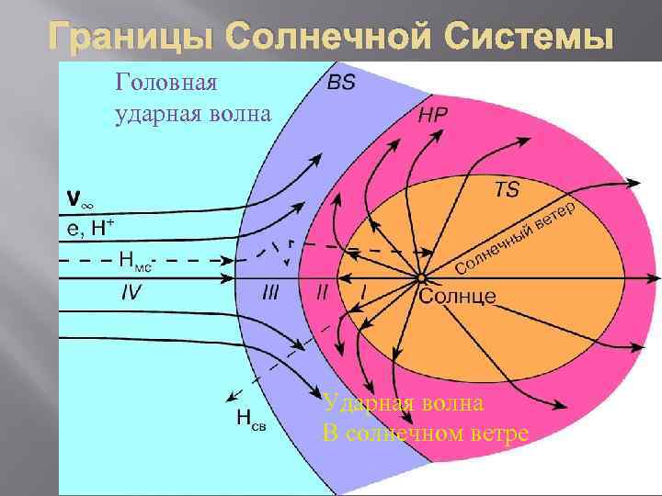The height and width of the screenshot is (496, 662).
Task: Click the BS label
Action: [x=341, y=83]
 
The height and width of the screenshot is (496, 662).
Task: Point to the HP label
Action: [x=433, y=116]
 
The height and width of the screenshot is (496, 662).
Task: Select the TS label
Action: [x=507, y=190]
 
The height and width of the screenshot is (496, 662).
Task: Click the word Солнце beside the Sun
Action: [x=458, y=296]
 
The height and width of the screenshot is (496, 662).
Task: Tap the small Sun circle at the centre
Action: [x=420, y=276]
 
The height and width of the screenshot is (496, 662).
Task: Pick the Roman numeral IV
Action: [x=132, y=291]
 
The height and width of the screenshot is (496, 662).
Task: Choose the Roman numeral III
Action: [x=270, y=292]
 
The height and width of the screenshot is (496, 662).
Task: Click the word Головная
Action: [x=166, y=83]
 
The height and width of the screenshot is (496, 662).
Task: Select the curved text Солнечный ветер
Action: [x=517, y=237]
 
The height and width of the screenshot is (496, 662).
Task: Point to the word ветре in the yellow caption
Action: [x=497, y=433]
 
